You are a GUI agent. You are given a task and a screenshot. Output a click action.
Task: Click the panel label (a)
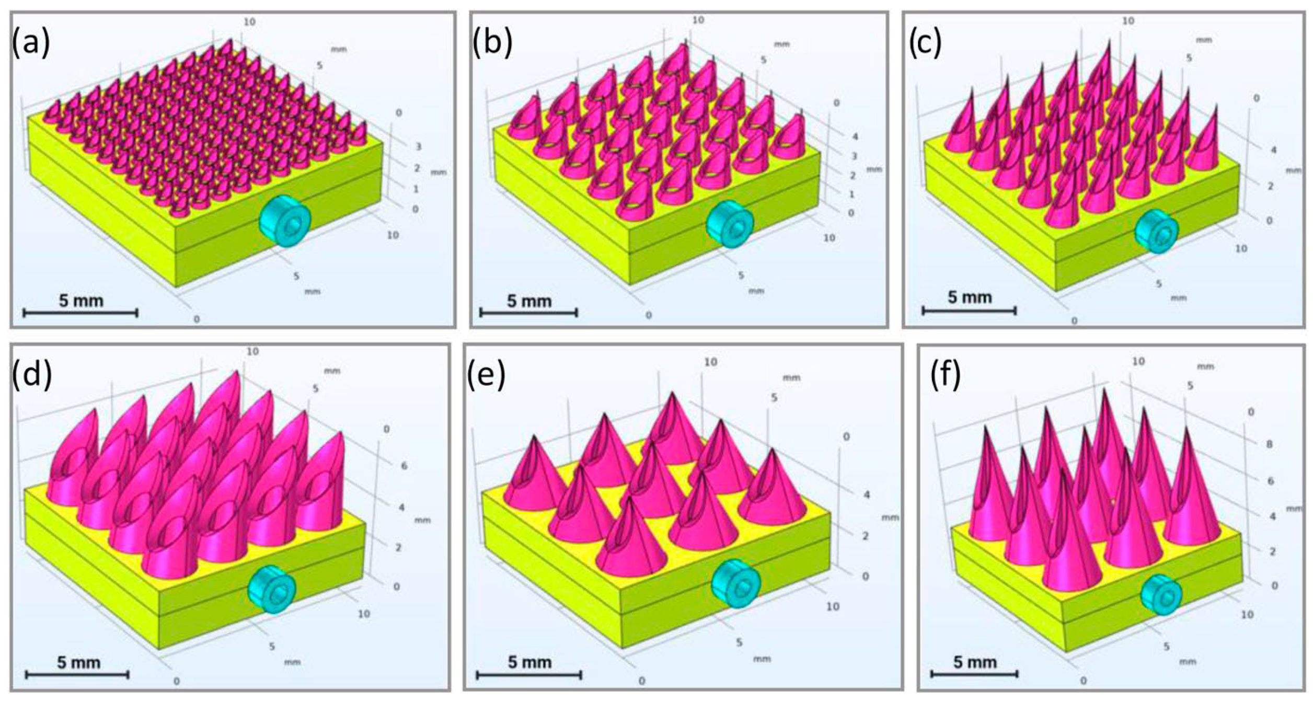(31, 43)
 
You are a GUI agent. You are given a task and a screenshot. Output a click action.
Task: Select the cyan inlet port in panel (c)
(1156, 231)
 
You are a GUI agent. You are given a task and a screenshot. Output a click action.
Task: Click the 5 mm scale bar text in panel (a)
(81, 301)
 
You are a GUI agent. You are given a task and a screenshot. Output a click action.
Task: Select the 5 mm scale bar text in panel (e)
(529, 662)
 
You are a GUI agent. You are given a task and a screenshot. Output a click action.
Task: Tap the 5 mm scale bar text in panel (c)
(970, 297)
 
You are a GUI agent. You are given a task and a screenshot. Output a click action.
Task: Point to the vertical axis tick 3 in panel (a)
(419, 147)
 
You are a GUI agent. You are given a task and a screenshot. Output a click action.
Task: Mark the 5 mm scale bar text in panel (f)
(975, 662)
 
